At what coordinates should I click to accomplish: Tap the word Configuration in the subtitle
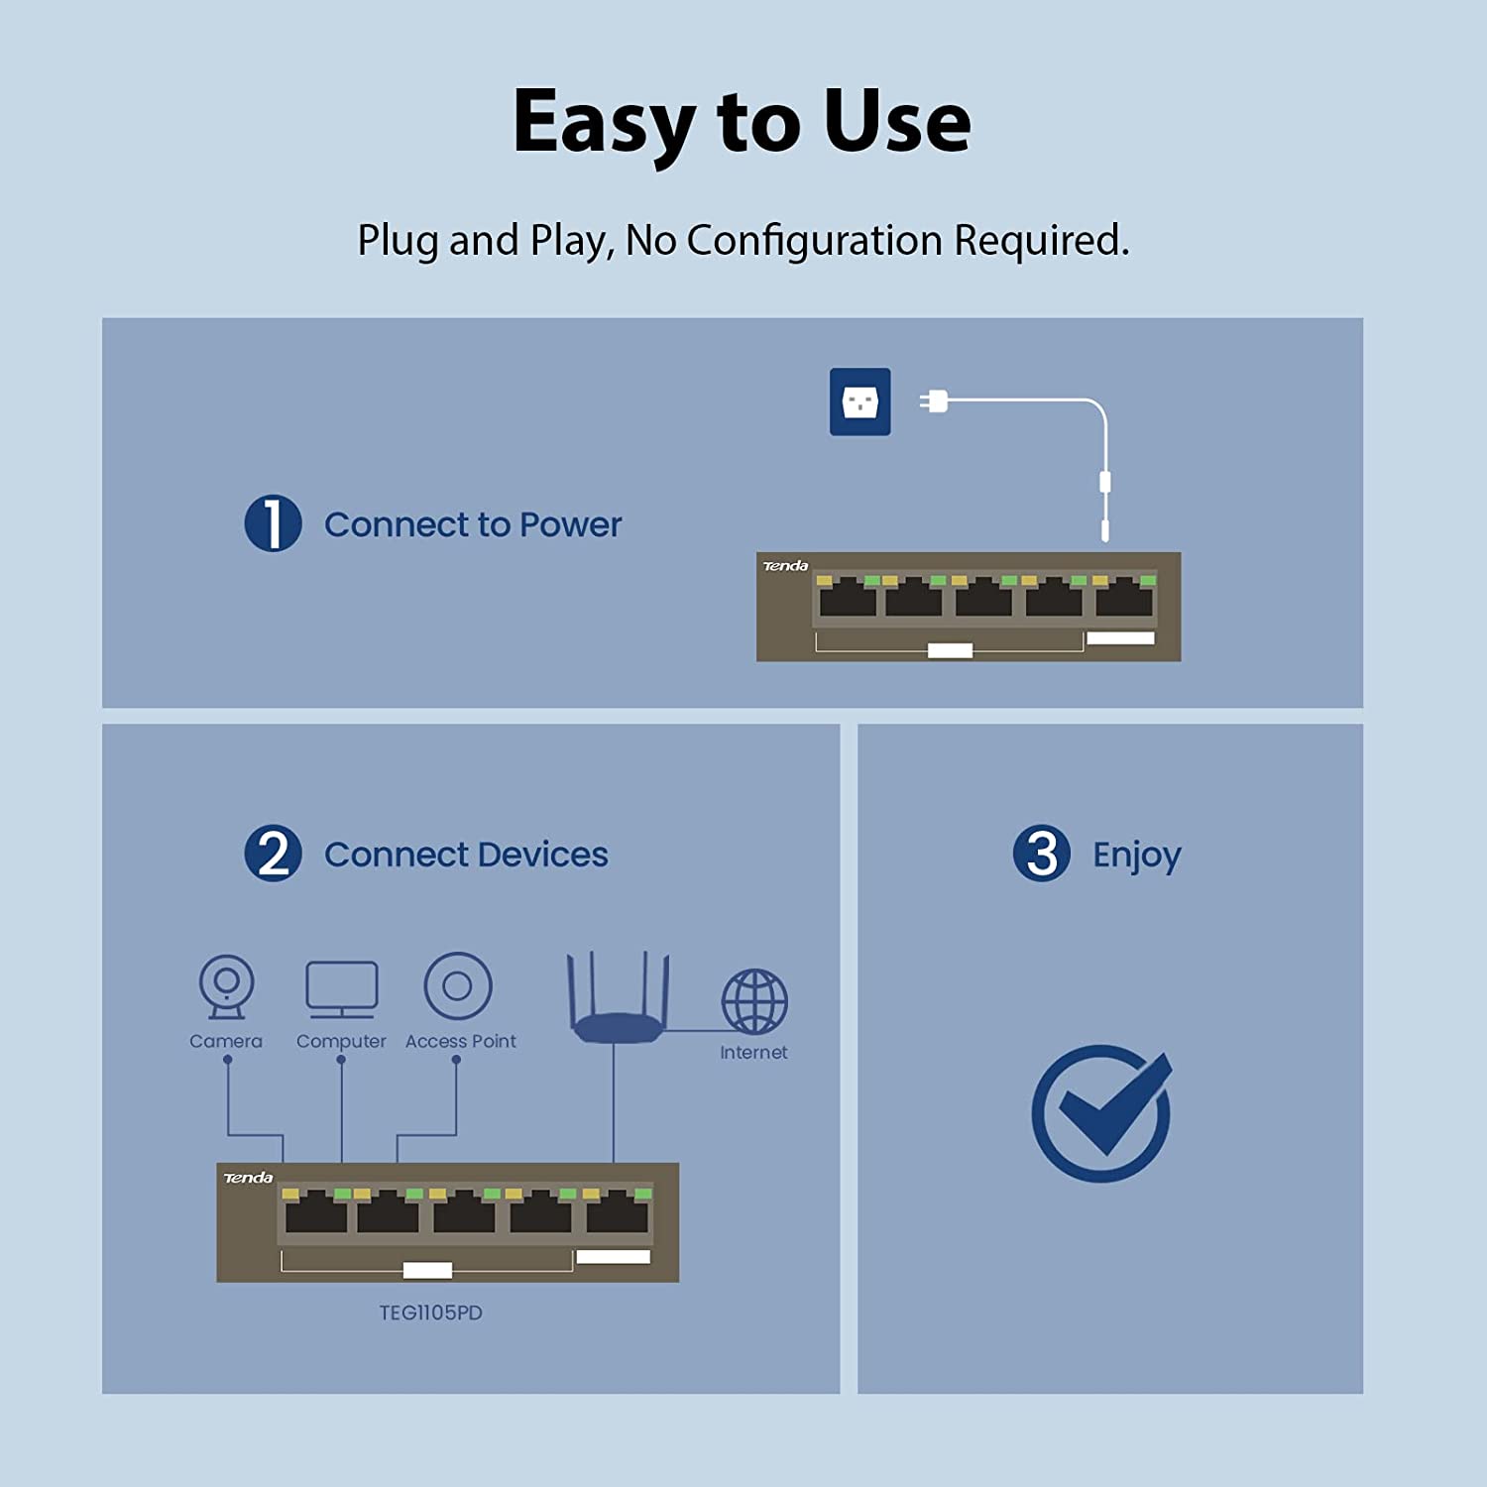click(814, 241)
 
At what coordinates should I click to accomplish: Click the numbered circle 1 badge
click(273, 523)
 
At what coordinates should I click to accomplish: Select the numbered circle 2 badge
click(273, 854)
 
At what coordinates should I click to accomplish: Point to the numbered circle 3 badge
click(1042, 854)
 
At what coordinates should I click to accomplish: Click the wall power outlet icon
click(859, 401)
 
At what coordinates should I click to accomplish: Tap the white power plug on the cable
click(934, 400)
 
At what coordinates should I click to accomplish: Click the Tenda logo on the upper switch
click(785, 566)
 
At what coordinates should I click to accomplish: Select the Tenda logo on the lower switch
click(248, 1178)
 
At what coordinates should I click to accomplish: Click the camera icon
click(227, 986)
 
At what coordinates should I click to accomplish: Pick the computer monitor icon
click(342, 989)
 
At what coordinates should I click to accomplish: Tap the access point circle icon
click(458, 986)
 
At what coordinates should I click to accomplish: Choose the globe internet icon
click(754, 1001)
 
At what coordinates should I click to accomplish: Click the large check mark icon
click(1102, 1112)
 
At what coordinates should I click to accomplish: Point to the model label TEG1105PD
click(431, 1313)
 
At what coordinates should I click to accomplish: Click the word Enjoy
click(1137, 856)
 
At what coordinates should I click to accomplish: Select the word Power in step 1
click(570, 524)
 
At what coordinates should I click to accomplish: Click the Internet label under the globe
click(754, 1053)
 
